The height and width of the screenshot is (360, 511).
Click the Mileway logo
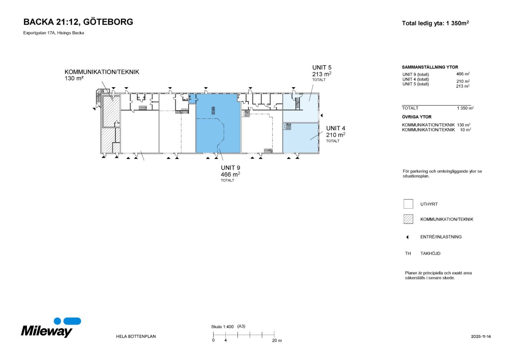pos(51,328)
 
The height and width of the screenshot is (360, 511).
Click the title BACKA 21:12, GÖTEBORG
pos(78,22)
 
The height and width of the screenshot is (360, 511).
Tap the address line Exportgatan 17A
pos(53,33)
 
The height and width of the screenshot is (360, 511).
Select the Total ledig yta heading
pos(435,23)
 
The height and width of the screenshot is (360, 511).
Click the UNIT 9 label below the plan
pos(231,168)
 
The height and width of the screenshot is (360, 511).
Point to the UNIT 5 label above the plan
pos(322,68)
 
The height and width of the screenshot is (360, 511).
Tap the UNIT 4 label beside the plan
pos(335,128)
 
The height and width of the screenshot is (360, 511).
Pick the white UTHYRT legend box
pos(408,204)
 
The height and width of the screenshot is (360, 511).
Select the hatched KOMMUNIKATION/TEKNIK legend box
pos(408,219)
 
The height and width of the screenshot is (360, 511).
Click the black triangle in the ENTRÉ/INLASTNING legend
pos(407,237)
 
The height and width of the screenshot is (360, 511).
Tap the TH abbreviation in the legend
pos(408,254)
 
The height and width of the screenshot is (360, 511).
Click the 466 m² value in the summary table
pos(463,74)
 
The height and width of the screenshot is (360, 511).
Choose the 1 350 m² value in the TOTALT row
pos(465,108)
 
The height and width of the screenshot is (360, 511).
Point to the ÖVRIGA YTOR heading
pos(416,117)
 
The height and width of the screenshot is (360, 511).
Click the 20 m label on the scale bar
pos(277,340)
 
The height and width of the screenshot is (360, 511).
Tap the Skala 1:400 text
pos(222,327)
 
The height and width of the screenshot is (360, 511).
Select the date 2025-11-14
pos(481,337)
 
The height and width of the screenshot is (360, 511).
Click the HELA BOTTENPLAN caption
pos(136,337)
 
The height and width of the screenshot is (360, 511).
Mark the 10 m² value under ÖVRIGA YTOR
pos(465,130)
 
